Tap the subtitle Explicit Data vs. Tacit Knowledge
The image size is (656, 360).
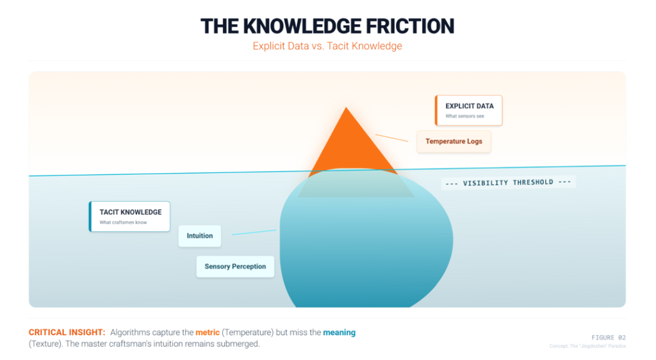(327, 46)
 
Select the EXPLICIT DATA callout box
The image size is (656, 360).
(469, 110)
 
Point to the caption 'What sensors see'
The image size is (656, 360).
(464, 116)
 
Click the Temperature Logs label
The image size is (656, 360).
(454, 141)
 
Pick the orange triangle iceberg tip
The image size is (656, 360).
(347, 144)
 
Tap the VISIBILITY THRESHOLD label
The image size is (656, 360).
(508, 183)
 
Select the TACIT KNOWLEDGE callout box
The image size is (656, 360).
(130, 217)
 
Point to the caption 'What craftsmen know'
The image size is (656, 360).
(123, 222)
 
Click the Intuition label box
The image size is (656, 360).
(200, 236)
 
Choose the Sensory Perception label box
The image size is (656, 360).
(235, 266)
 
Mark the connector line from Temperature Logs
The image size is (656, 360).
(391, 138)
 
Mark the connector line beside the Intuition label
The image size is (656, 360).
(254, 232)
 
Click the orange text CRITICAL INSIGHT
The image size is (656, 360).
(67, 332)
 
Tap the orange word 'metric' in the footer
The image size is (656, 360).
(208, 332)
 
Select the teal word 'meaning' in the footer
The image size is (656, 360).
(339, 332)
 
